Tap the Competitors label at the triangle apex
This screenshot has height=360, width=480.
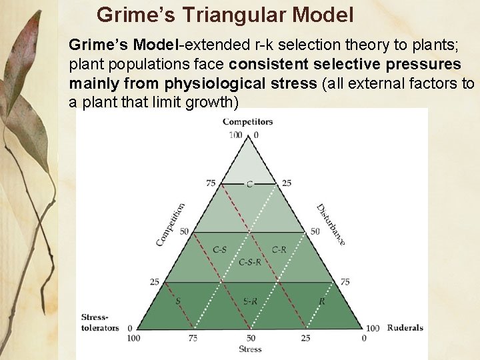pos(247,122)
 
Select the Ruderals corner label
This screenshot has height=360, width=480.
pos(405,328)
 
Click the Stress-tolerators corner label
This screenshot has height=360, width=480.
pos(100,322)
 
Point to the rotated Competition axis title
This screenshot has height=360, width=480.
pos(171,225)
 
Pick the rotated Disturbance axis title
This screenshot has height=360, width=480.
pos(331,225)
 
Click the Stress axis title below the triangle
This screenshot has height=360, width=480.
pos(250,349)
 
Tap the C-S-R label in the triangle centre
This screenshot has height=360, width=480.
pos(250,262)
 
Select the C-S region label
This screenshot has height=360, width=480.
pos(220,249)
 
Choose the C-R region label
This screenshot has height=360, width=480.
pos(279,249)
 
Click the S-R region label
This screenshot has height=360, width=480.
pos(251,301)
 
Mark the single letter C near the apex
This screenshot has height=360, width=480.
pos(249,184)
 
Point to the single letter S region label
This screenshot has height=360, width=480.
pos(178,301)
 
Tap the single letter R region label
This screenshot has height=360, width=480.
pos(322,301)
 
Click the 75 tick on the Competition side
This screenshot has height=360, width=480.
pos(211,183)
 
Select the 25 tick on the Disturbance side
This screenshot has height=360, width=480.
pos(287,183)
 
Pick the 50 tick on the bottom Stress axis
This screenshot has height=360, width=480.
pos(251,338)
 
